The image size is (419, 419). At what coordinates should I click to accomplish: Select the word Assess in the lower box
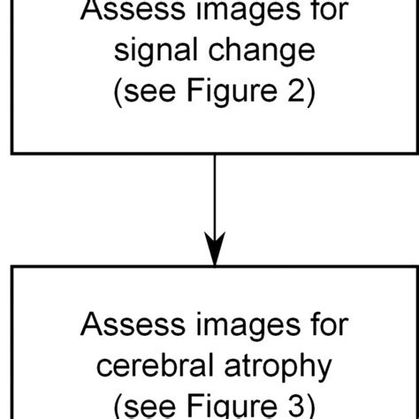[x=127, y=325]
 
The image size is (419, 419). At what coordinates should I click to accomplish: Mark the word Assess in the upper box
[x=127, y=11]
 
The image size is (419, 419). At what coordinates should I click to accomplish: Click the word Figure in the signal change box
[x=229, y=90]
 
